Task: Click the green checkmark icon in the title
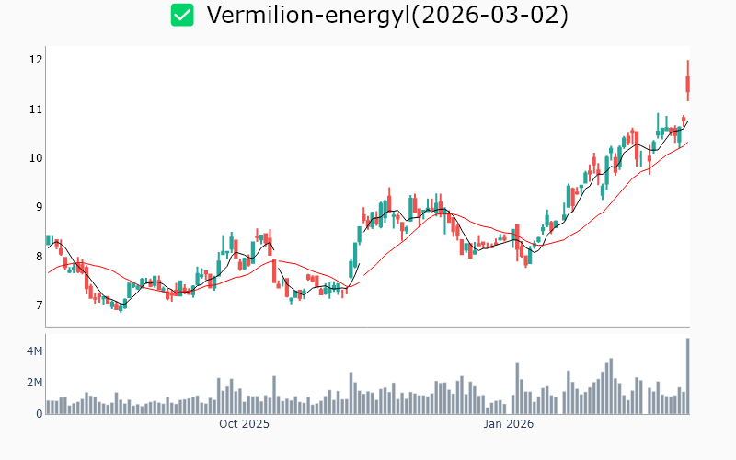(x=182, y=15)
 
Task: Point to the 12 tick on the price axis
(x=35, y=60)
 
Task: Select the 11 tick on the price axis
(x=35, y=109)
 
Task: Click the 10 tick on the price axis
(x=35, y=157)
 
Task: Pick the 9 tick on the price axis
(x=37, y=207)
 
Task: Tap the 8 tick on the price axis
(x=37, y=256)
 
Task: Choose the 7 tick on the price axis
(x=37, y=305)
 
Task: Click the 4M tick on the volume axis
(x=33, y=351)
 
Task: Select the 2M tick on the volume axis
(x=33, y=383)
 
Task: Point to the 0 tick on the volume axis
(x=39, y=413)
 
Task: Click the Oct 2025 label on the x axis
(x=244, y=424)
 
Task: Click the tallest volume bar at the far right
(x=687, y=376)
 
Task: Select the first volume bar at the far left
(x=48, y=407)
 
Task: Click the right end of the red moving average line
(x=687, y=142)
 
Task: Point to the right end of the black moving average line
(x=687, y=121)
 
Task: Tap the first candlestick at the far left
(x=48, y=240)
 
